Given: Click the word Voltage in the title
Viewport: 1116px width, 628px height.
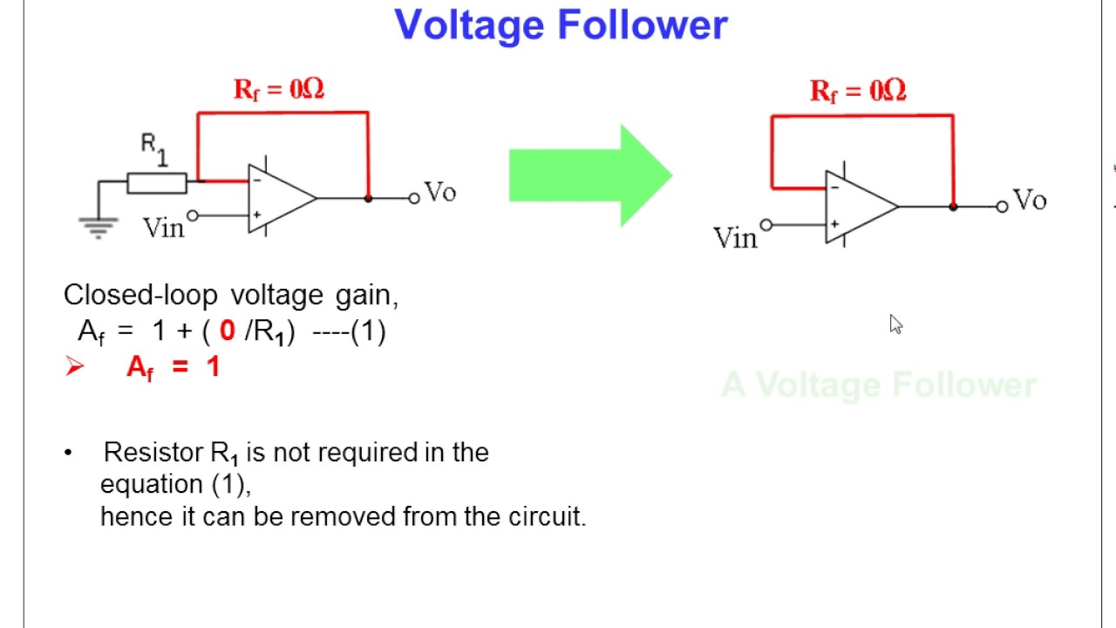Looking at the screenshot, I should pos(472,25).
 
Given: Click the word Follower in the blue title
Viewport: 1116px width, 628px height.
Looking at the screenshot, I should pos(643,25).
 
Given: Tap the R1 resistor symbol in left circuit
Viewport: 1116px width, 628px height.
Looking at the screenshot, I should pos(157,182).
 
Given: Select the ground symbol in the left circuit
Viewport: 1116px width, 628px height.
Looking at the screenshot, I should pos(98,227).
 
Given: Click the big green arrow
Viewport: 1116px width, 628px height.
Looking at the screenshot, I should pos(590,175).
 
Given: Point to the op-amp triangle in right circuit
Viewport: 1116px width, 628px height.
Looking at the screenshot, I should pos(858,207).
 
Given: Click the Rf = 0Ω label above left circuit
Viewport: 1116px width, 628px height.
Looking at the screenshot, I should pos(279,89).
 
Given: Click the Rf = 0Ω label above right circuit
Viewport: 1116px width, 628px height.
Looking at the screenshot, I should pos(858,91).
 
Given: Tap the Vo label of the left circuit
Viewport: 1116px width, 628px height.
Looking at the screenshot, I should pos(439,193).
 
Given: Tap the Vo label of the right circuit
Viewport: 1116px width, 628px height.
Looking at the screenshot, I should pos(1030,201).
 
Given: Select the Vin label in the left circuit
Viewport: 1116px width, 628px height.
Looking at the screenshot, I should pos(163,229).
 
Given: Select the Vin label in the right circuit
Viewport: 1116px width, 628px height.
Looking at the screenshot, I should pos(735,238).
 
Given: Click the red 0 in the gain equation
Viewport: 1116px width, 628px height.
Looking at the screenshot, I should pos(228,331).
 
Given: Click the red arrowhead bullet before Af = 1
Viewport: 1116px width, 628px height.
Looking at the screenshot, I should pos(74,366).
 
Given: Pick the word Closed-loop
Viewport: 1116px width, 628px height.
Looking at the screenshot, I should pos(140,296).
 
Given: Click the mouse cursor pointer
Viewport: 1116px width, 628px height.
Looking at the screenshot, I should pos(895,324).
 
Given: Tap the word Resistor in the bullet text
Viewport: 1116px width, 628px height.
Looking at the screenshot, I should pos(153,453).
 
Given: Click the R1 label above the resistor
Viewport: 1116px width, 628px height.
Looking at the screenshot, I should pos(153,149).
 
